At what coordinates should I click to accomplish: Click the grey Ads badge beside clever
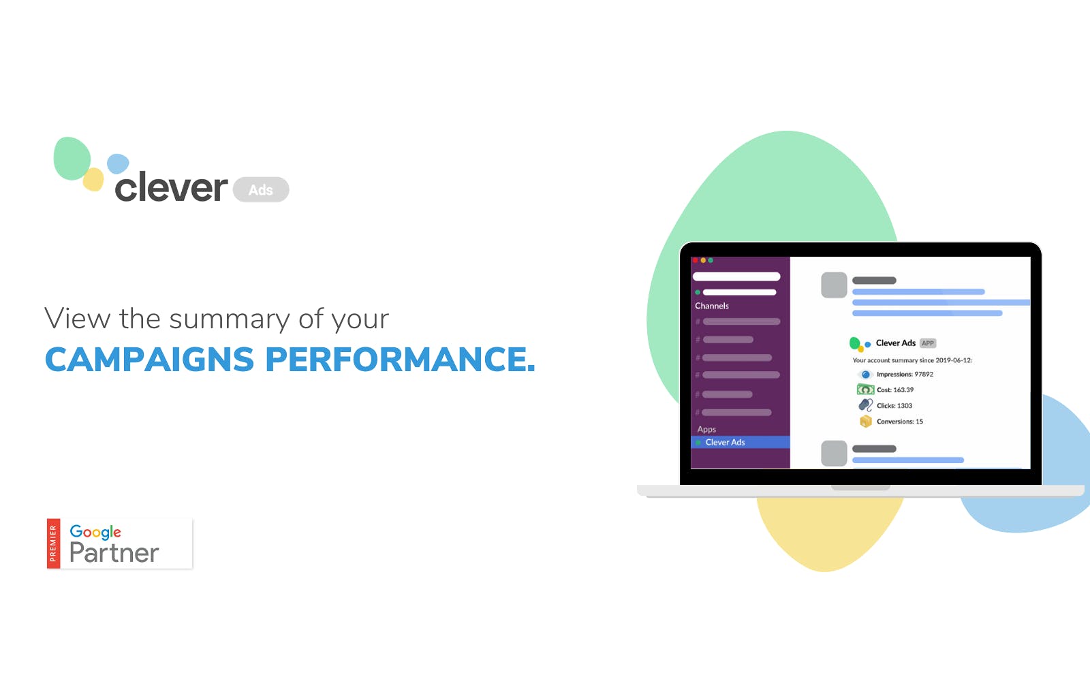(261, 190)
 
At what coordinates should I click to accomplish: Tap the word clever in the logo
(171, 187)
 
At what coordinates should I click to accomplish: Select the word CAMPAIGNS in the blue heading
(149, 360)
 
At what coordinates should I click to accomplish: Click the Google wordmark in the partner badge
(95, 532)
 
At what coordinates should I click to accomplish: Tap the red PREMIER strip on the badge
(53, 543)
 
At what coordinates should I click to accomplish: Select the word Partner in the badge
(114, 552)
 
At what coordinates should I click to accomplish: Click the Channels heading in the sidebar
(711, 306)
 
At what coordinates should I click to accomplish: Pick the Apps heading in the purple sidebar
(706, 429)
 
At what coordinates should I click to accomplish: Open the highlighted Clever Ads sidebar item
(740, 442)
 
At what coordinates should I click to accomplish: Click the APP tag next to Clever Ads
(928, 343)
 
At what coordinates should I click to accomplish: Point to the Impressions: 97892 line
(905, 374)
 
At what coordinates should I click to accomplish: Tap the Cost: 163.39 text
(895, 390)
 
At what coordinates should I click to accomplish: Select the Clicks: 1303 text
(894, 406)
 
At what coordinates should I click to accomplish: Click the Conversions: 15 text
(900, 422)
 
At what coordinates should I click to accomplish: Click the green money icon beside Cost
(865, 390)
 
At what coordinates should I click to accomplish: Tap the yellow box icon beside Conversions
(866, 422)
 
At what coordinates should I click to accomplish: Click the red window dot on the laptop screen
(696, 261)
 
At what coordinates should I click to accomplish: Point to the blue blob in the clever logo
(118, 163)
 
